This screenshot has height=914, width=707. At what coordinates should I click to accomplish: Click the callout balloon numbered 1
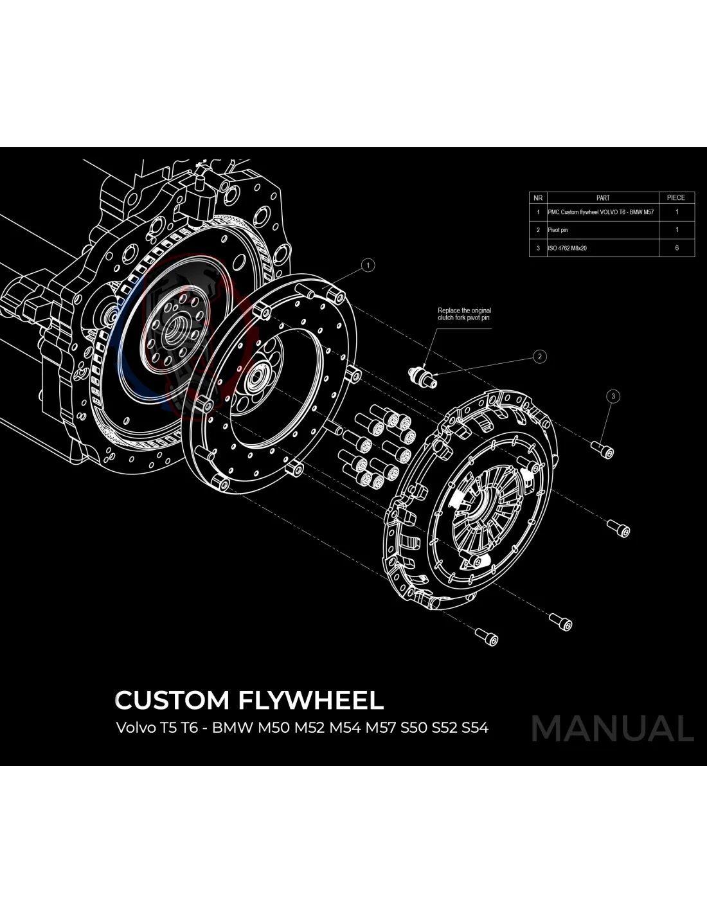368,265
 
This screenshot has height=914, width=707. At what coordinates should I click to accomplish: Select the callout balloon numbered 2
540,356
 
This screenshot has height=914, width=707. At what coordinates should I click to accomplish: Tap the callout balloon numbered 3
613,396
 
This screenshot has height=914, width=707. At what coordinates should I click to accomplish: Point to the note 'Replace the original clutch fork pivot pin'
464,314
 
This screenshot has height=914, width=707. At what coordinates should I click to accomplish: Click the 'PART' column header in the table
602,198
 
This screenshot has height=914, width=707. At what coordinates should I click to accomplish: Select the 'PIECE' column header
676,198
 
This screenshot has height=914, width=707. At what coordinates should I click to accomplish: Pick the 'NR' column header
538,198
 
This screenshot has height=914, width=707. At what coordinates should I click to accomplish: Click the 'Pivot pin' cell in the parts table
558,229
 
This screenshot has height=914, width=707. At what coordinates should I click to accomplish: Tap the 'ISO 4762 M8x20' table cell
567,247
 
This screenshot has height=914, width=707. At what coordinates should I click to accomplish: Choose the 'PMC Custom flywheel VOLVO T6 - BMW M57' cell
600,212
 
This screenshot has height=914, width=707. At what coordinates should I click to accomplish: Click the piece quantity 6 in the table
676,247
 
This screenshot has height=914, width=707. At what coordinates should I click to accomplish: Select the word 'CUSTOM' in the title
172,700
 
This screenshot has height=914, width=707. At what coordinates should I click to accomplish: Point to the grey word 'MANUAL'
613,728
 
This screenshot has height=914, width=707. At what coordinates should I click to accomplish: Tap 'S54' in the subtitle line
475,728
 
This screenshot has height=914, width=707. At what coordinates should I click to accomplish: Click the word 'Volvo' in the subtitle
132,728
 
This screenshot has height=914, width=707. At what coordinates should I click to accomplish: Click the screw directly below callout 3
605,451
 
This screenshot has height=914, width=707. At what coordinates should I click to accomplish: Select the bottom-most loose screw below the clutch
487,636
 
